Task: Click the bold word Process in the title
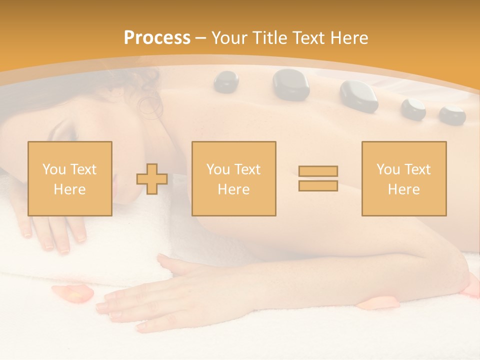pos(157,38)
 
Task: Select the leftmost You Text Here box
pos(69,178)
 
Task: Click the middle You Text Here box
pos(233,178)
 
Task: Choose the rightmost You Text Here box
pos(403,178)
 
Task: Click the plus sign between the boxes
pos(152,178)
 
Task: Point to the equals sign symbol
pos(318,178)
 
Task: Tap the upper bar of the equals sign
pos(318,171)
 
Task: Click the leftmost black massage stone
pos(226,81)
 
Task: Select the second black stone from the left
pos(291,84)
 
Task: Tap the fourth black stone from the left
pos(413,108)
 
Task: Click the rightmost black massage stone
pos(452,114)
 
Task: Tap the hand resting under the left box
pos(52,232)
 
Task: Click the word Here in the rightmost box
pos(403,189)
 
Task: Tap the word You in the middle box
pos(218,169)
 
